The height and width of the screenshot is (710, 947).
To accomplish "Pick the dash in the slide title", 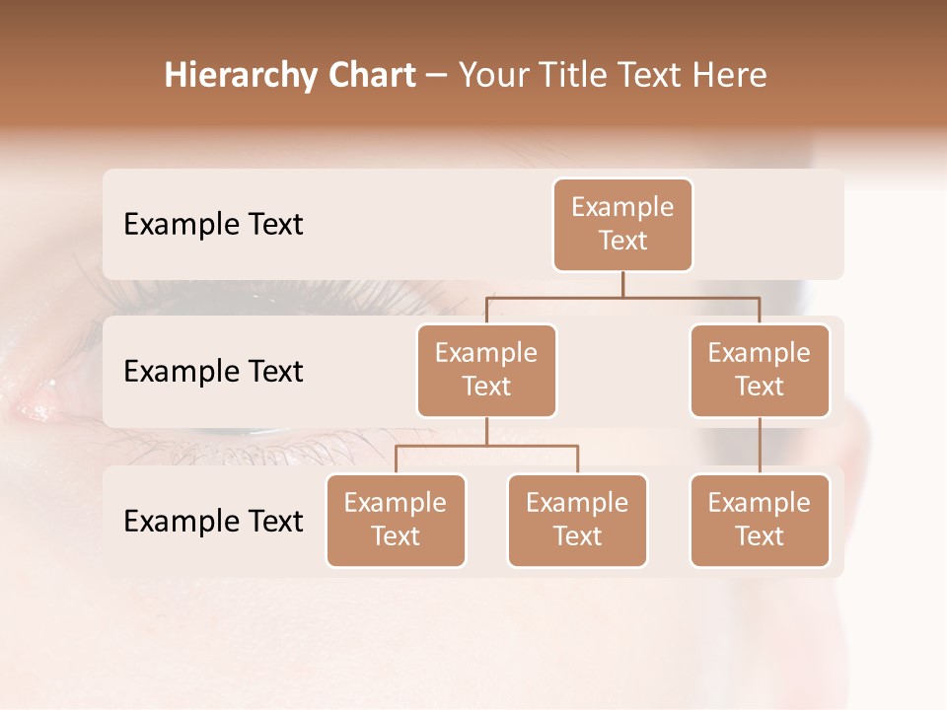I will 437,77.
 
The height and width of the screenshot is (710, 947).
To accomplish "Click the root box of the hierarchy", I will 622,224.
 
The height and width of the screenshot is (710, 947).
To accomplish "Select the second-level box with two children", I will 486,370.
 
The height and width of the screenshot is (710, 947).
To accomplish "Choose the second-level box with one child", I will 760,370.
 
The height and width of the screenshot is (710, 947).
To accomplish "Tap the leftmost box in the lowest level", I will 396,520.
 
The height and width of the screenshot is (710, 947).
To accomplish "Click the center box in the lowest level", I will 577,520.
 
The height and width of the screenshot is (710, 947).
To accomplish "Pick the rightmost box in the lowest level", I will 760,520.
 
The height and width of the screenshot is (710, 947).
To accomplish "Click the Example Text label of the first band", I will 213,225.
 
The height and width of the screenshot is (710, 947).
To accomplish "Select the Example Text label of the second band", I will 213,372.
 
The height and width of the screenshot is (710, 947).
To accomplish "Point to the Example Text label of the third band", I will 213,522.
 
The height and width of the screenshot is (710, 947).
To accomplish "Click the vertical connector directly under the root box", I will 622,284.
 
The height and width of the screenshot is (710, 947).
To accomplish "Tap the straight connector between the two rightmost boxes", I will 760,446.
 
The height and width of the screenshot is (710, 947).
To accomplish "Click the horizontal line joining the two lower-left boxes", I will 486,446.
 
